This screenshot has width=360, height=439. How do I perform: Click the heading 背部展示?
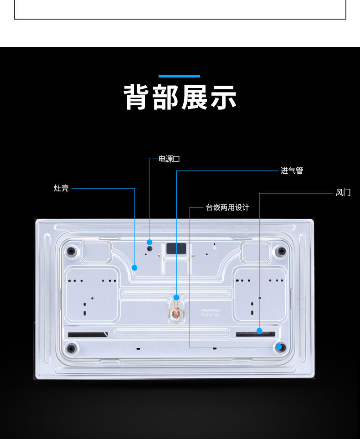(x=180, y=97)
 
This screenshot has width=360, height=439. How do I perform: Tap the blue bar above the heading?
(x=179, y=76)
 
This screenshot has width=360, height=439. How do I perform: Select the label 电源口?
(x=169, y=159)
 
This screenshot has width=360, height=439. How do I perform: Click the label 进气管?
(x=292, y=171)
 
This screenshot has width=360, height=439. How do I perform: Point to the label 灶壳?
(x=61, y=188)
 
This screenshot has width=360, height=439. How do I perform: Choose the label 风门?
(x=343, y=192)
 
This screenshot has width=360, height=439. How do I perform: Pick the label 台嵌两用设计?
(x=227, y=208)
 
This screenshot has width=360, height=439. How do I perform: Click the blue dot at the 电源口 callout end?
(x=149, y=242)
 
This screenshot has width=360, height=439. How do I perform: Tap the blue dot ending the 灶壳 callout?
(x=134, y=268)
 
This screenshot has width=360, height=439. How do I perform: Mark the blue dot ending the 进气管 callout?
(x=176, y=298)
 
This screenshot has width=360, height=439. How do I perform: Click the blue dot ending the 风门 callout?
(x=259, y=331)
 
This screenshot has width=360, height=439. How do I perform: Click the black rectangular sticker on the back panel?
(x=176, y=249)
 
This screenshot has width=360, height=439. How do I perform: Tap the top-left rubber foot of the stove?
(x=71, y=251)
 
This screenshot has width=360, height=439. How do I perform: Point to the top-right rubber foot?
(x=282, y=251)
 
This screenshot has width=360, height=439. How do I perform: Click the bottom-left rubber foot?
(x=71, y=349)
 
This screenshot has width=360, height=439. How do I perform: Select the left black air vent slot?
(x=87, y=335)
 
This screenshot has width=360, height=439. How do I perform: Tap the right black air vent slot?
(x=255, y=334)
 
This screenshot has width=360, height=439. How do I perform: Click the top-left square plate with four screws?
(x=96, y=252)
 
